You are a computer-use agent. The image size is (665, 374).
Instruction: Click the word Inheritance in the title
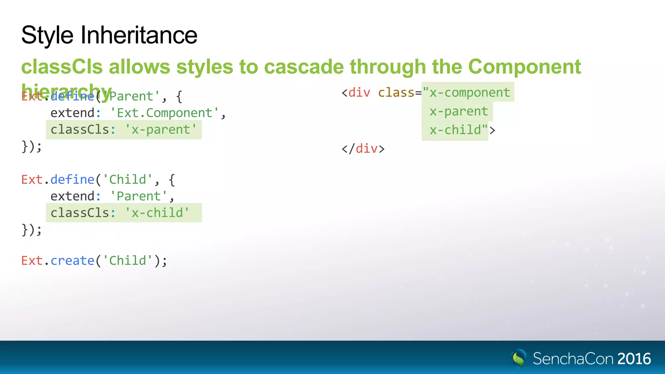(139, 35)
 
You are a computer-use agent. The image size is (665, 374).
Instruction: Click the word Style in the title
(47, 35)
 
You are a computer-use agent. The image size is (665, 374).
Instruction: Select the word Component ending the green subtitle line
(524, 67)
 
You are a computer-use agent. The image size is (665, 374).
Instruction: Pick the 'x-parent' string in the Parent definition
(161, 130)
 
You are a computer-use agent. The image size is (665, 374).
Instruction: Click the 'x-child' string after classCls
(157, 213)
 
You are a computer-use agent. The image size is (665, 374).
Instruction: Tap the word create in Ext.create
(72, 261)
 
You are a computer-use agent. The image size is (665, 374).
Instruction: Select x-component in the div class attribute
(470, 93)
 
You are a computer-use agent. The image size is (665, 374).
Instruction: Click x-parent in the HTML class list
(458, 111)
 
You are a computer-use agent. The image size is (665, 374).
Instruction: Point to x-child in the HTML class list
(455, 130)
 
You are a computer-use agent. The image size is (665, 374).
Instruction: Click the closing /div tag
(363, 149)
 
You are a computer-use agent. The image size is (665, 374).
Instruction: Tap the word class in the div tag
(396, 93)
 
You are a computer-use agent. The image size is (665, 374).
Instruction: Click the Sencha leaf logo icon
(519, 358)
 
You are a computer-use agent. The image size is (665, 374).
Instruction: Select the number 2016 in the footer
(634, 359)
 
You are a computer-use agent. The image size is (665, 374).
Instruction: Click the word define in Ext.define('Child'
(72, 180)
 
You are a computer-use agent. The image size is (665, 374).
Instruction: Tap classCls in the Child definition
(80, 213)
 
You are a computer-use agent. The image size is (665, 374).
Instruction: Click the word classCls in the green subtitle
(62, 67)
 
